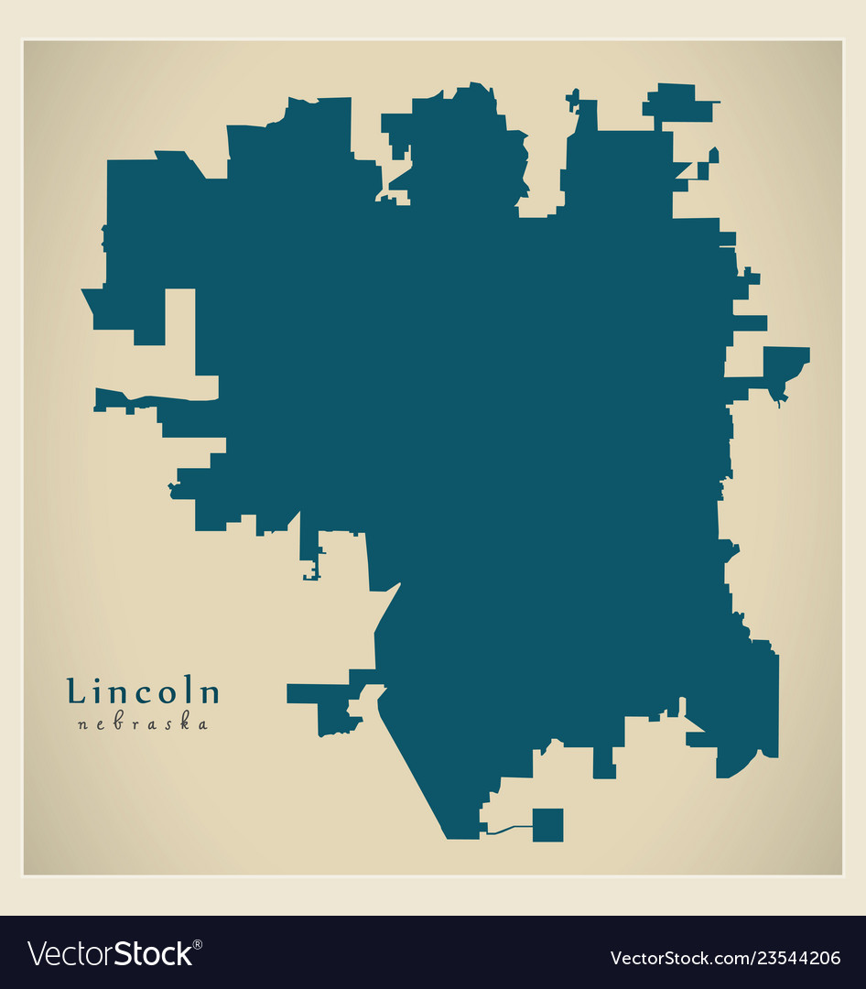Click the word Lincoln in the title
(143, 692)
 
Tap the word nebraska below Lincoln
(143, 724)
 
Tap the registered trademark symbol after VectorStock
(199, 943)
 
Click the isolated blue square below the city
(547, 825)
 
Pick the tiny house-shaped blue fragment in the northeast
(713, 155)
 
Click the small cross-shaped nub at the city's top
(573, 98)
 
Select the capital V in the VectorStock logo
(38, 953)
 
